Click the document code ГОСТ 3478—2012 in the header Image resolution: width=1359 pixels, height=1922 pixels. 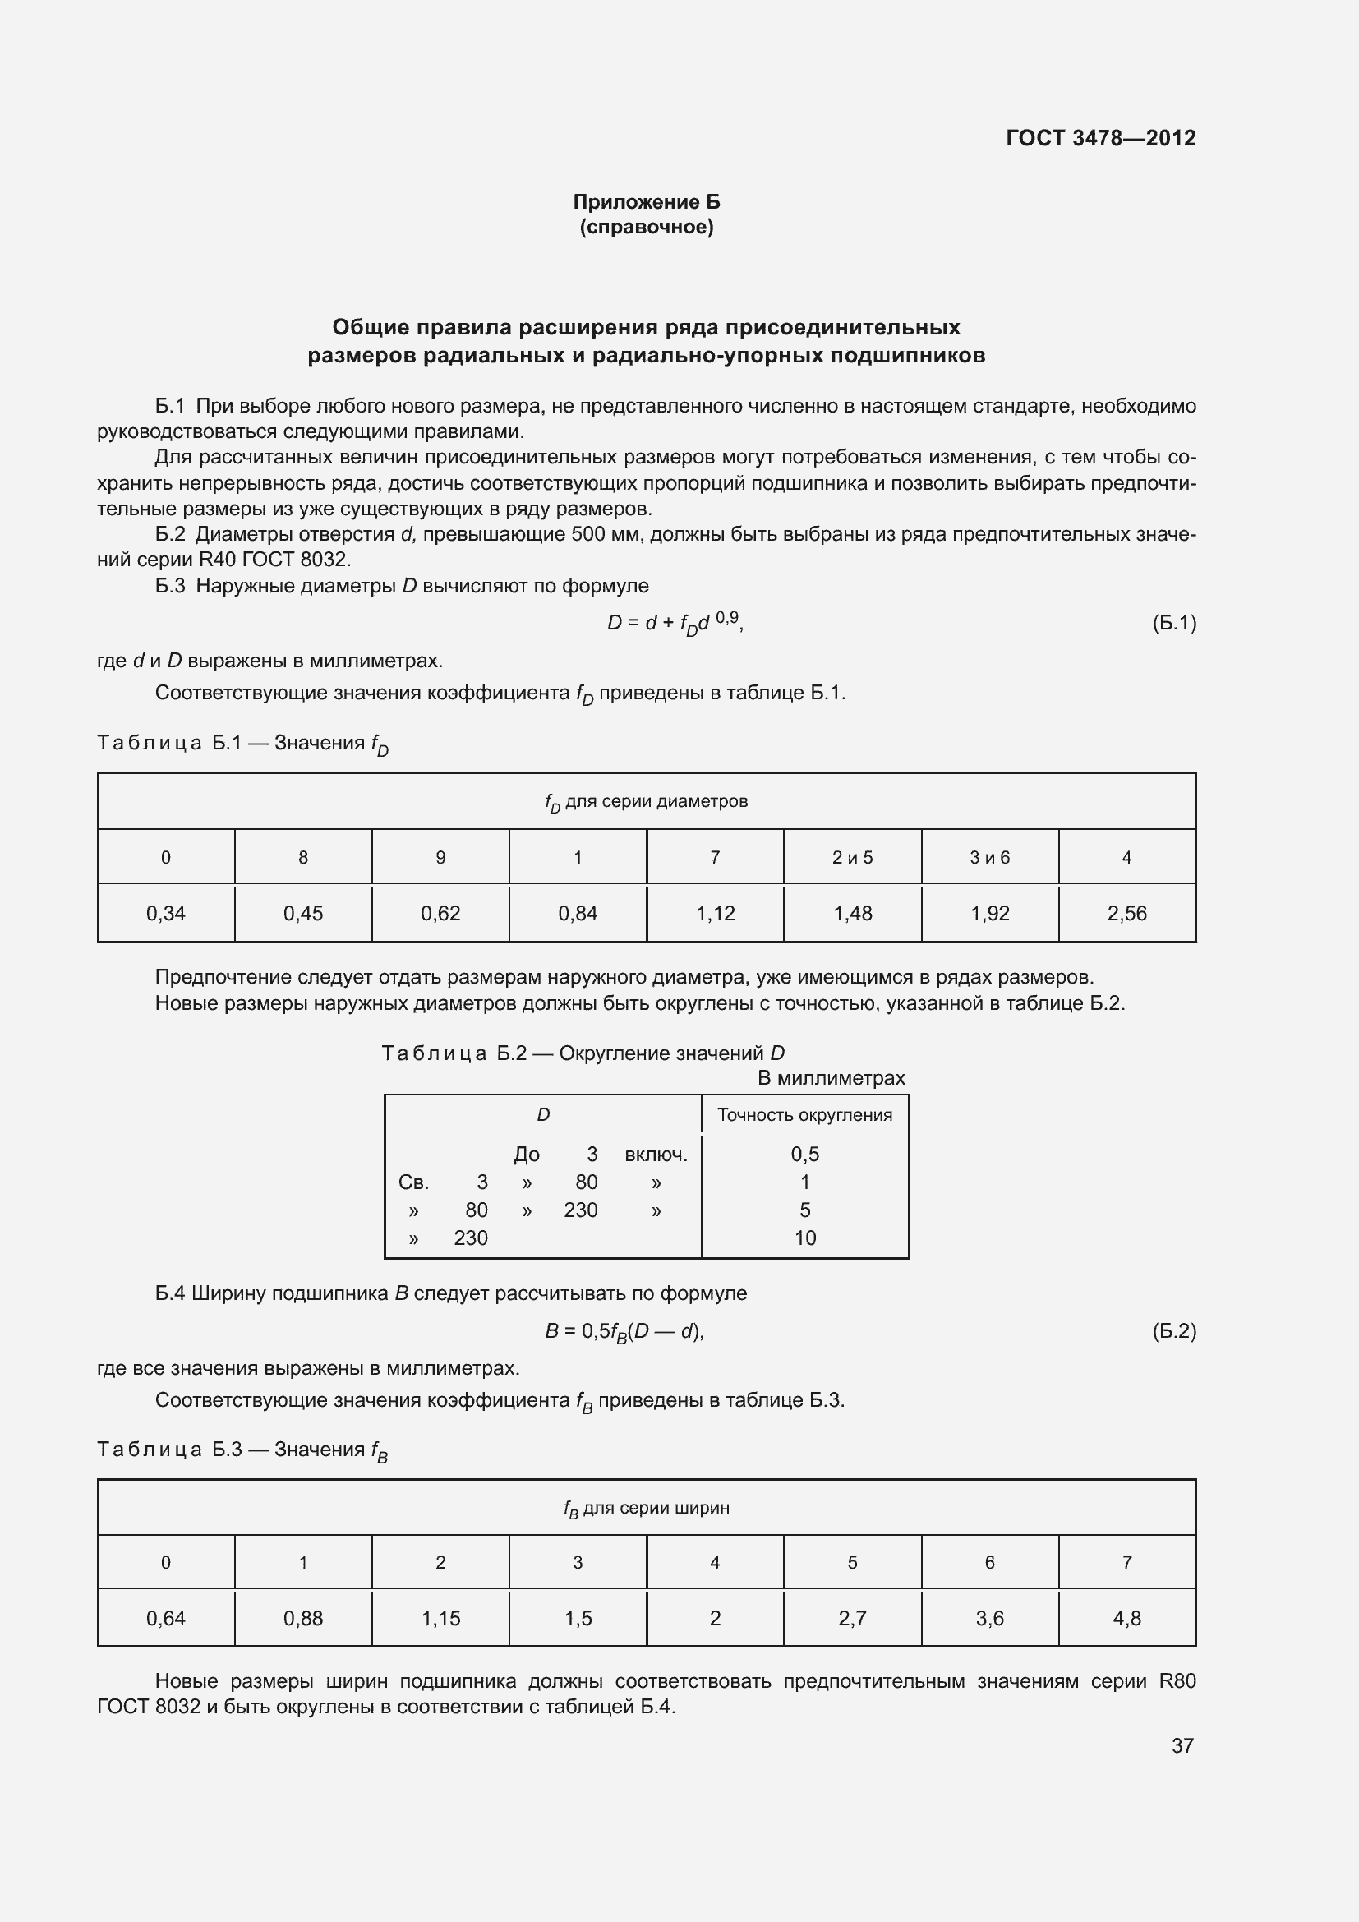tap(1100, 138)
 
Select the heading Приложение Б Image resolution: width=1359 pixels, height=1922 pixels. tap(646, 202)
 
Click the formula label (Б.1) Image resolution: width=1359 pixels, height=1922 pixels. tap(1174, 623)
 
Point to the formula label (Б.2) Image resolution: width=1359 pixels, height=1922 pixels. tap(1174, 1331)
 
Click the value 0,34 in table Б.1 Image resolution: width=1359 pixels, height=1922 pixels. tap(166, 913)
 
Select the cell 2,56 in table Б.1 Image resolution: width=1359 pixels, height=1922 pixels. tap(1126, 913)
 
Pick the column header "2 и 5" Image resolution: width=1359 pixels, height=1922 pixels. tap(852, 857)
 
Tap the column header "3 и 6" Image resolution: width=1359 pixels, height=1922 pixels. tap(989, 857)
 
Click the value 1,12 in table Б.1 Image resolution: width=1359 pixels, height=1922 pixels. tap(715, 913)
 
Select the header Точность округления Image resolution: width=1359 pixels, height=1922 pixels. tap(804, 1115)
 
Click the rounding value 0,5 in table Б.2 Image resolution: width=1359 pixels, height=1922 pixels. tap(804, 1155)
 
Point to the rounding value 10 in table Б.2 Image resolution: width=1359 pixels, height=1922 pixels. tap(804, 1238)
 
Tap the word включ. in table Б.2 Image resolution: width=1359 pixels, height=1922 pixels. tap(656, 1155)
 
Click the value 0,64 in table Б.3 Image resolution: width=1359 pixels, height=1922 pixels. tap(166, 1618)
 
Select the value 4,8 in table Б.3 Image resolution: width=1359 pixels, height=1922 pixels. tap(1126, 1618)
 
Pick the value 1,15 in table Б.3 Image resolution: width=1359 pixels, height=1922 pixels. tap(440, 1618)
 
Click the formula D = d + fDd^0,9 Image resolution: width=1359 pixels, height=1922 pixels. tap(675, 623)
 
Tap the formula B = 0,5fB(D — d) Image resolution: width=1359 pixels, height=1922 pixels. tap(624, 1331)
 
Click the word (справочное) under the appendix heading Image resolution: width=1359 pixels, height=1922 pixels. tap(646, 227)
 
